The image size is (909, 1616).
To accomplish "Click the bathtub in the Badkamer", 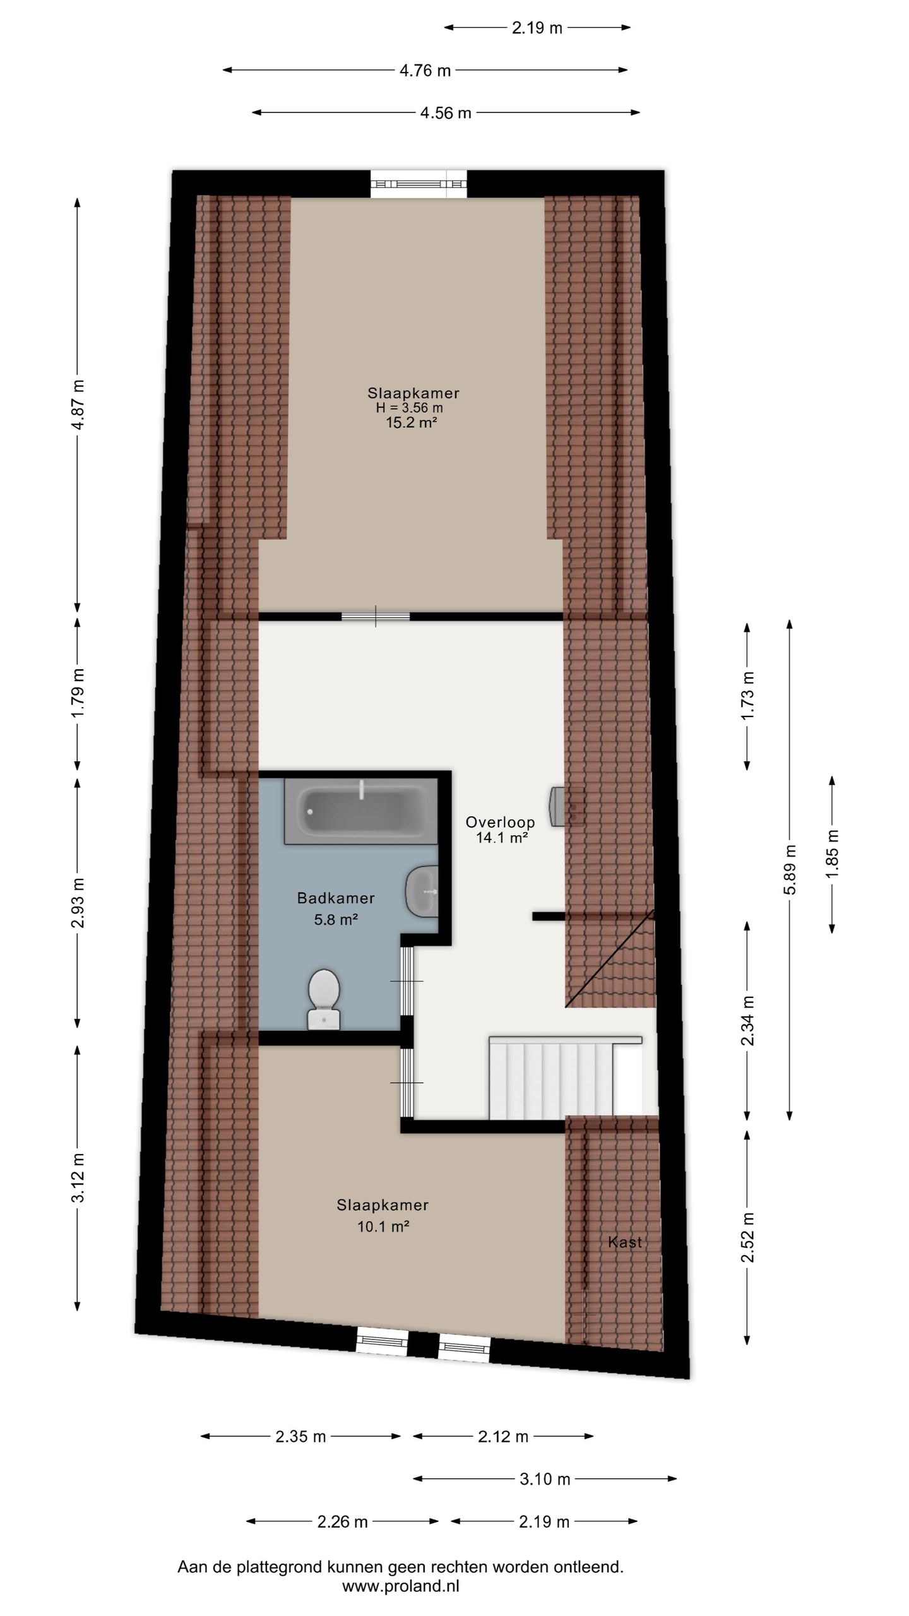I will click(360, 811).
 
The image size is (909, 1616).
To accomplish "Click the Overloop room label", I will click(500, 822).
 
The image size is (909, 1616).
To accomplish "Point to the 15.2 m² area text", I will click(412, 423).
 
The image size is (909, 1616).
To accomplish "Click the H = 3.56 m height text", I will click(409, 408).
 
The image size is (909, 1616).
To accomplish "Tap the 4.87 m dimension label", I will click(78, 404).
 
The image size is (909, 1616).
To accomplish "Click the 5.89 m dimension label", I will click(789, 869).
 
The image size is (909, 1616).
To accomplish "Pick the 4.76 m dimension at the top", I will click(425, 71).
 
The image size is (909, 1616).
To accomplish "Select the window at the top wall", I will click(419, 184).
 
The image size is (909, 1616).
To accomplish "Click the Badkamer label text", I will click(336, 898).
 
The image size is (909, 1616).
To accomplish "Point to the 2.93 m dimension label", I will click(78, 903).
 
